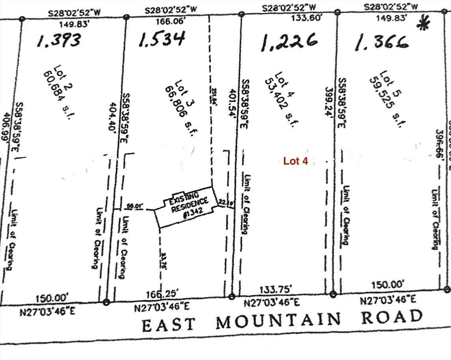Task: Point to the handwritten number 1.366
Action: coord(382,43)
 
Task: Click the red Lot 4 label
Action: coord(295,161)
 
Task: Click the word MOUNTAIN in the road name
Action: coord(279,321)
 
